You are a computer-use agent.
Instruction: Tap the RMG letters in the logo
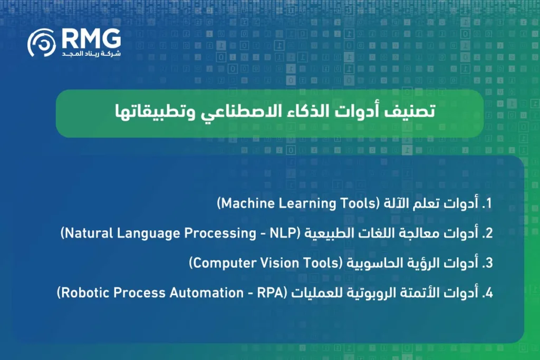tap(90, 38)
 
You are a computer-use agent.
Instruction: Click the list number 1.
tap(488, 204)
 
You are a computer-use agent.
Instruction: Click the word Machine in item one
tap(243, 204)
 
